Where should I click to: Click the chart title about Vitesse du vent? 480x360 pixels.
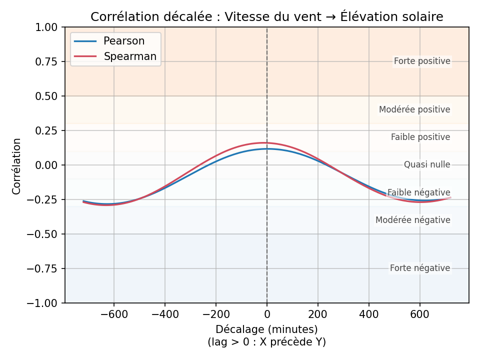(266, 17)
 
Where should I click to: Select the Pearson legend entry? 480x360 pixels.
(123, 41)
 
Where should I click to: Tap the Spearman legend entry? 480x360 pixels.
(130, 56)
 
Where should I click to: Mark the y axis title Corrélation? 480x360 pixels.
(17, 166)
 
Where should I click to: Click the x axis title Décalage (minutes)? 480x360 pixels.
(266, 329)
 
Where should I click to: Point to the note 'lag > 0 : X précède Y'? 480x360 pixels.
(266, 342)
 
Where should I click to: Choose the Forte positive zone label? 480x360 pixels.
(422, 61)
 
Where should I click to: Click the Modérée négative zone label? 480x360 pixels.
(413, 220)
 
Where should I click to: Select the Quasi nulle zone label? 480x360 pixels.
(427, 164)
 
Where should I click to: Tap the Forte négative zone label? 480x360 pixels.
(420, 268)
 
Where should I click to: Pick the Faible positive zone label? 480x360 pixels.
(420, 137)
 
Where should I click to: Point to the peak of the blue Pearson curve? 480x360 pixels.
(267, 148)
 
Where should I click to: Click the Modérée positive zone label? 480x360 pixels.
(414, 109)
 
